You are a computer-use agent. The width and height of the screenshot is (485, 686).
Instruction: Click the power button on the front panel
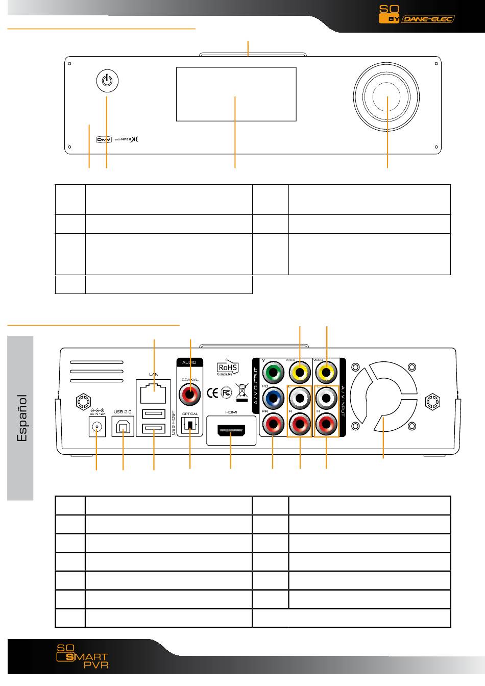[x=107, y=80]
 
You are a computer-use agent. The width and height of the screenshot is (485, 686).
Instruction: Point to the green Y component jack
[x=273, y=372]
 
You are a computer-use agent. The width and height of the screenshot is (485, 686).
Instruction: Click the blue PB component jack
[x=273, y=398]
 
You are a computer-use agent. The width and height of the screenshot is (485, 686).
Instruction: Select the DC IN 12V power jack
[x=97, y=428]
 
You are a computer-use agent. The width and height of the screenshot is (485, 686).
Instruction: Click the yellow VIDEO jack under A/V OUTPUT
[x=300, y=372]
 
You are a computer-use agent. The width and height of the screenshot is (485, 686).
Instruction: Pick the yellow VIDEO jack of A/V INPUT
[x=327, y=372]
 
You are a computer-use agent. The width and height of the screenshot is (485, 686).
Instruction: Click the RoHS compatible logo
[x=229, y=368]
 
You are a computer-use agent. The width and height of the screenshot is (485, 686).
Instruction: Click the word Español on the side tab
[x=21, y=418]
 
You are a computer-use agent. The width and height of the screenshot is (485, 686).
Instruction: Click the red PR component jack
[x=273, y=423]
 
